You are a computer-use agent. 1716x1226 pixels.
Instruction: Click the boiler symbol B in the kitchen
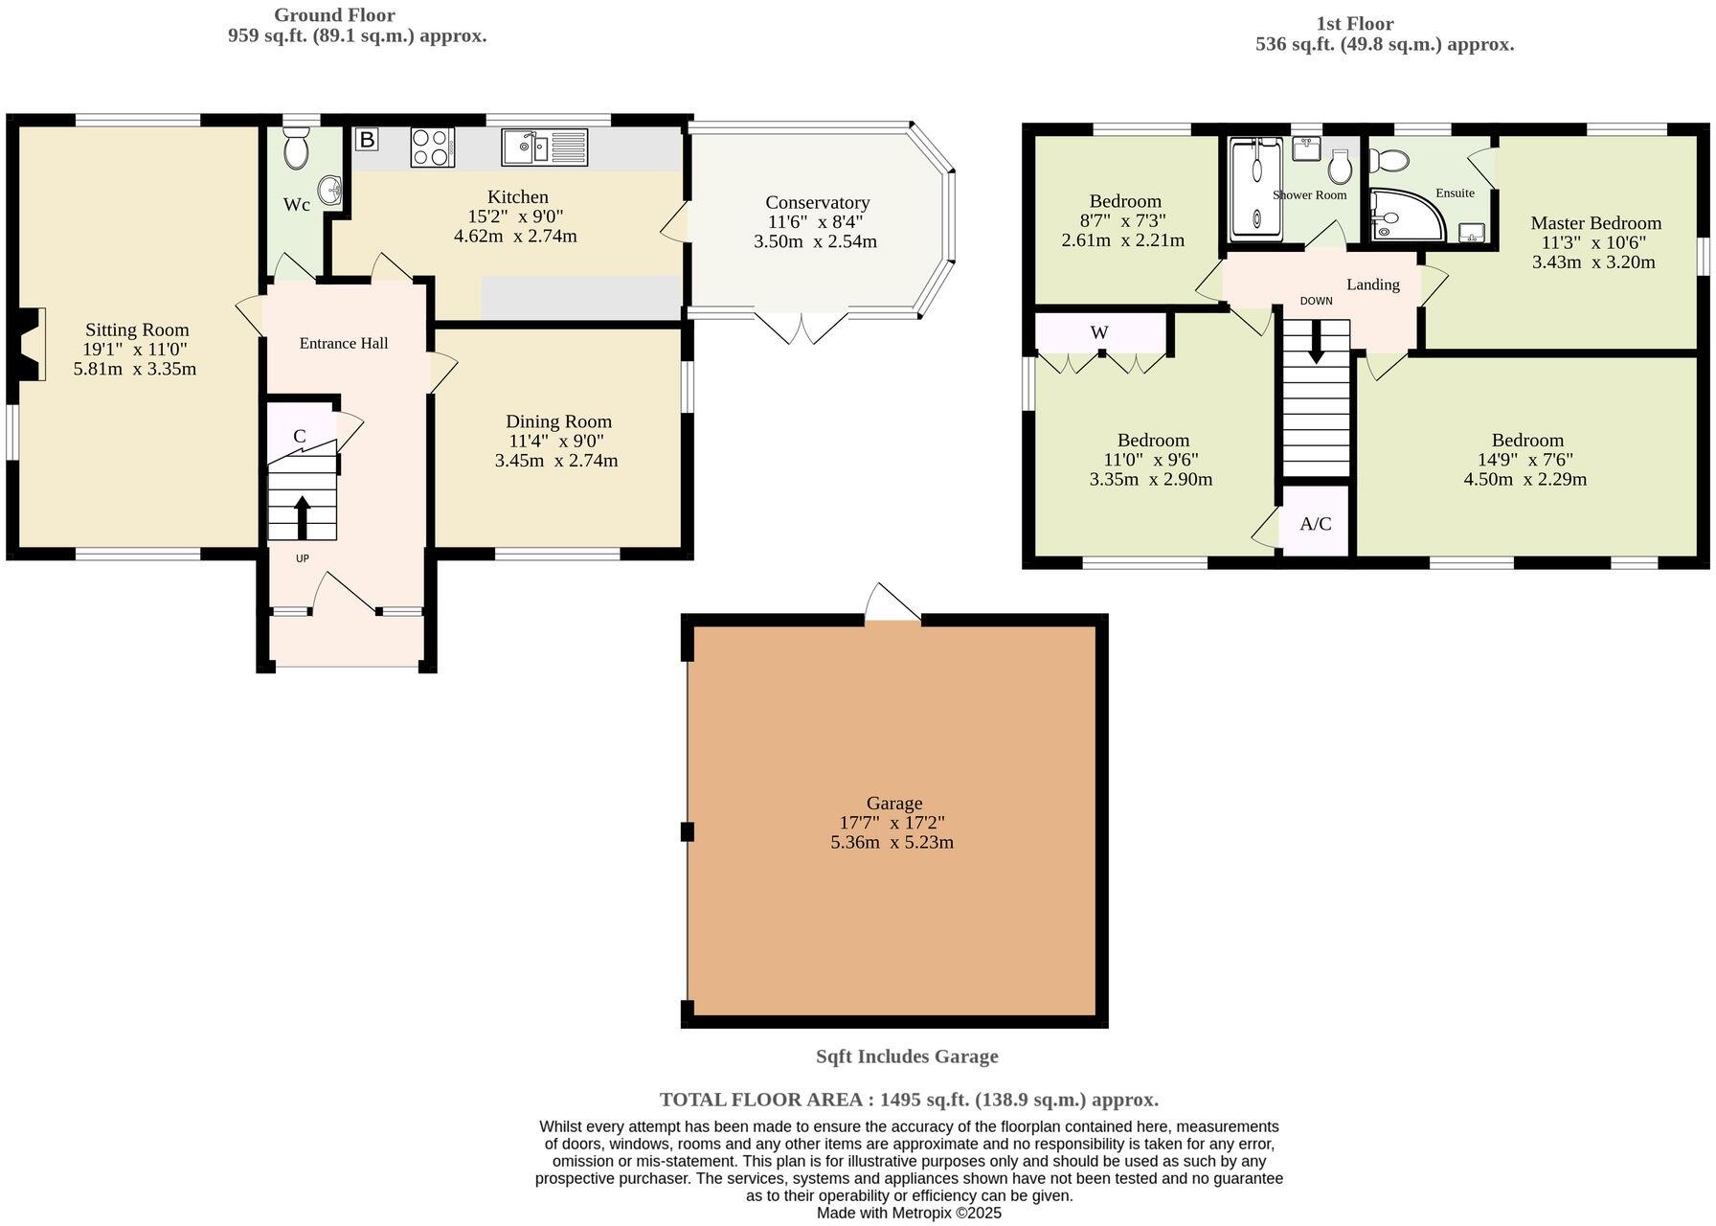[x=366, y=140]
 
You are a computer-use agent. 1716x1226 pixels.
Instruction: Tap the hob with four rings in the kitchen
[x=432, y=147]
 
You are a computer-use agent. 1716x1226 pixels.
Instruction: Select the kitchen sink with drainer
[x=544, y=147]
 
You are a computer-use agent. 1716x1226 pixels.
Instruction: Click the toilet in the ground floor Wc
[x=295, y=150]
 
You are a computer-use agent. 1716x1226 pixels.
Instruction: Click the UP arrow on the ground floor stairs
[x=303, y=516]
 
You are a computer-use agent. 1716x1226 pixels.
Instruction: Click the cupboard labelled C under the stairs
[x=300, y=436]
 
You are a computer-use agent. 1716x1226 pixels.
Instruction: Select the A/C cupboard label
[x=1315, y=524]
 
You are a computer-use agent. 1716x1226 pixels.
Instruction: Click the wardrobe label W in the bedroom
[x=1099, y=332]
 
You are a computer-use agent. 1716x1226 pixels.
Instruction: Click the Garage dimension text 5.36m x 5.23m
[x=892, y=843]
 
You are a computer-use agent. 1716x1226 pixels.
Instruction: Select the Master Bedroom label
[x=1595, y=223]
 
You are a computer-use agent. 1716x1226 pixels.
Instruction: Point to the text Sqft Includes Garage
[x=906, y=1056]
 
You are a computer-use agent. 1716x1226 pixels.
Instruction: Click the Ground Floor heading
[x=334, y=15]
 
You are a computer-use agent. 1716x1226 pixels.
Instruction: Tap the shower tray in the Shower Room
[x=1256, y=189]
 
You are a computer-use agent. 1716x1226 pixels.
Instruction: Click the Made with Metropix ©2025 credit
[x=908, y=1213]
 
